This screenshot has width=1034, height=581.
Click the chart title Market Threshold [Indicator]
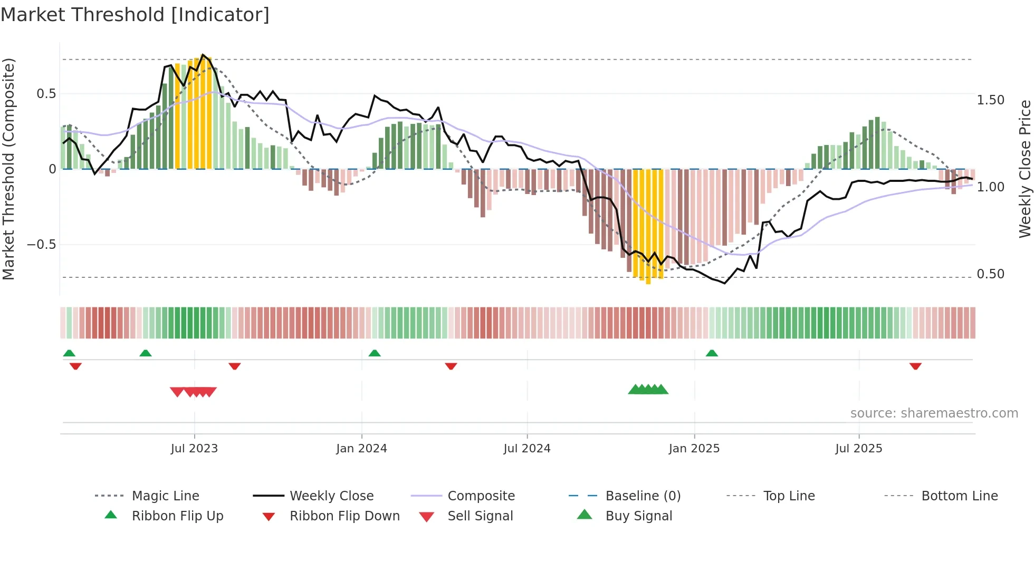[135, 15]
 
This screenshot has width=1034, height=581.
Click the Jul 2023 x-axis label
[194, 449]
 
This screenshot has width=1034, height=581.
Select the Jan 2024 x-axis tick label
[361, 449]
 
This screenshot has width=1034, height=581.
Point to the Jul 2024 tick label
[526, 449]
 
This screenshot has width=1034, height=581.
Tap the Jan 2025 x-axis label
[694, 449]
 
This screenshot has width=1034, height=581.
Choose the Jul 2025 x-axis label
[858, 449]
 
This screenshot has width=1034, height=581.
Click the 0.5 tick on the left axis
[46, 94]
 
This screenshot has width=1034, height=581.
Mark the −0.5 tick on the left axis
[41, 245]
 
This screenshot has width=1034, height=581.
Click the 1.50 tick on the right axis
[990, 100]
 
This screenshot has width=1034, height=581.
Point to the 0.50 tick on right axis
[990, 274]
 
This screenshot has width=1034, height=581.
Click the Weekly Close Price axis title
[1025, 169]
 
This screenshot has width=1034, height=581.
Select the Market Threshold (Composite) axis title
[8, 169]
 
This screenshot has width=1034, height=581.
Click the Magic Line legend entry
[165, 496]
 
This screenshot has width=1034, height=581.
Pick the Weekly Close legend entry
[331, 496]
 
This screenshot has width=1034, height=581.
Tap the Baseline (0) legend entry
[643, 496]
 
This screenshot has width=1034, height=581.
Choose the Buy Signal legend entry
[638, 516]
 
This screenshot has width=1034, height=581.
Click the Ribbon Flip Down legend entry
[344, 516]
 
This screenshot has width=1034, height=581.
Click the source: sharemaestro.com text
[934, 413]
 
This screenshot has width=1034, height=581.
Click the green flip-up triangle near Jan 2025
[712, 353]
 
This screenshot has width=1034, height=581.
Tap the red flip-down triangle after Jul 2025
[915, 366]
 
